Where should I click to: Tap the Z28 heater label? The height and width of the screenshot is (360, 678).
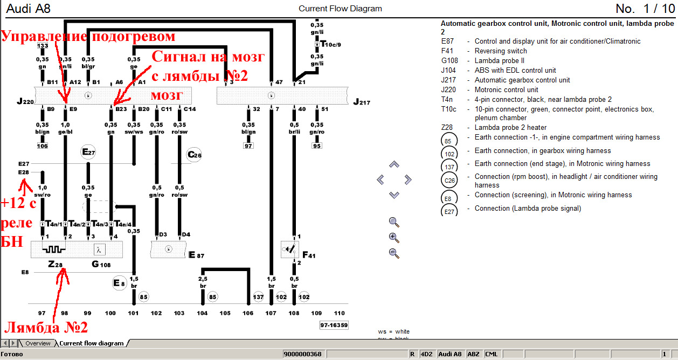pyautogui.click(x=55, y=265)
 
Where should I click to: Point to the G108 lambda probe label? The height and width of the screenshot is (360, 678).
pyautogui.click(x=101, y=265)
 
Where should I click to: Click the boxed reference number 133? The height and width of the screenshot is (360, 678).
pyautogui.click(x=43, y=46)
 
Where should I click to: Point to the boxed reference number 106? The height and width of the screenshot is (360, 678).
pyautogui.click(x=42, y=146)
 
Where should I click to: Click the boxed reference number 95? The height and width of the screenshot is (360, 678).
pyautogui.click(x=317, y=146)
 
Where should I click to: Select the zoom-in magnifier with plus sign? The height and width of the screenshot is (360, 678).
pyautogui.click(x=394, y=237)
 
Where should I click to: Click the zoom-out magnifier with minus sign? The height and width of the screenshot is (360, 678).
pyautogui.click(x=394, y=253)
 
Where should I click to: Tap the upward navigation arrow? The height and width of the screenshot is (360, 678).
pyautogui.click(x=394, y=164)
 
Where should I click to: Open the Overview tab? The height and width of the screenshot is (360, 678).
pyautogui.click(x=38, y=343)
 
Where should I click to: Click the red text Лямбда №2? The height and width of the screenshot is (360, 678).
pyautogui.click(x=46, y=327)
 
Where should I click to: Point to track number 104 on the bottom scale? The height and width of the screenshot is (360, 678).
pyautogui.click(x=202, y=313)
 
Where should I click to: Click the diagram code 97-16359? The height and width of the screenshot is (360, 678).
pyautogui.click(x=334, y=325)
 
